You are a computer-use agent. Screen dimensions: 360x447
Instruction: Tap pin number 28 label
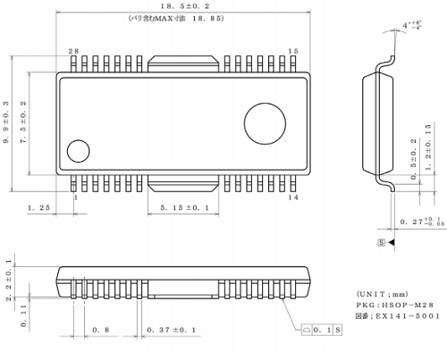pos(73,52)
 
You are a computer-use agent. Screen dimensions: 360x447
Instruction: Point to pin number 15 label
pos(293,52)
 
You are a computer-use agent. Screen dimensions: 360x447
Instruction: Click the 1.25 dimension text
pos(38,208)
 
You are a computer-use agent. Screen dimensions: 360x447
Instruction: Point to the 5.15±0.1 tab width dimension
pos(185,208)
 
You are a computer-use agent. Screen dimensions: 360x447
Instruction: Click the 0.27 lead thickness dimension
pos(418,221)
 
